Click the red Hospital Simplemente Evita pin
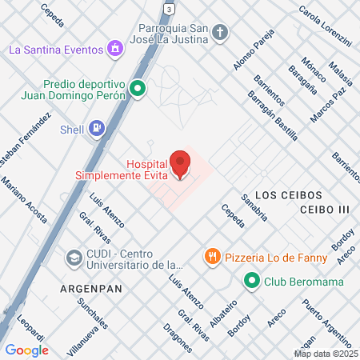[181, 164]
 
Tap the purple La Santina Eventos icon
[116, 49]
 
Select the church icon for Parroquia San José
[221, 32]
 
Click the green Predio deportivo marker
[137, 89]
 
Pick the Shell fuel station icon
[96, 126]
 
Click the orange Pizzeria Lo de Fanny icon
[212, 256]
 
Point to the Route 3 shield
[168, 7]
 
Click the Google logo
[26, 350]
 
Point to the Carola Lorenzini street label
[325, 25]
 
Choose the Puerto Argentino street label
[324, 320]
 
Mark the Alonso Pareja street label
[257, 49]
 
